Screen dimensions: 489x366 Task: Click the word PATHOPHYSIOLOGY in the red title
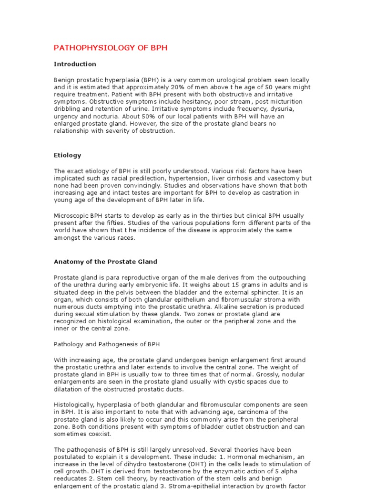click(x=82, y=48)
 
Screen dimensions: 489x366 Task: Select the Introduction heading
click(x=75, y=64)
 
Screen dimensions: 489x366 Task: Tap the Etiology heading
click(x=67, y=155)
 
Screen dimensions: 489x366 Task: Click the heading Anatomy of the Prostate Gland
click(x=105, y=262)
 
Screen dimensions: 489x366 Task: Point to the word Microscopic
click(x=71, y=216)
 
